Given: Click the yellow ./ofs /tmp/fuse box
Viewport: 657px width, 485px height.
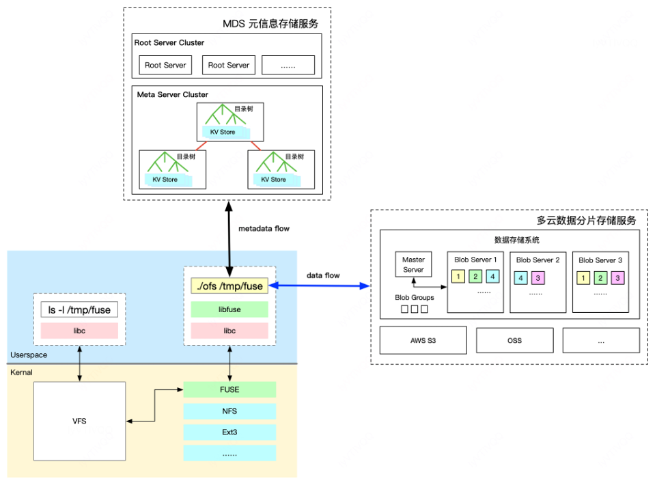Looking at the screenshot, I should point(229,286).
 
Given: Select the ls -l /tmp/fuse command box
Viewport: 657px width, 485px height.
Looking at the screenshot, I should point(79,310).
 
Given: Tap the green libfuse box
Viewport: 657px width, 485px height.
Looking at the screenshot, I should point(229,309).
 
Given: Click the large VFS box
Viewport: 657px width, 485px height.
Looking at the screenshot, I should point(80,421).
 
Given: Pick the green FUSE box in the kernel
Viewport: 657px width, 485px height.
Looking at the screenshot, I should point(229,389).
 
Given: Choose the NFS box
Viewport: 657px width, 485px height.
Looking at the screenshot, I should point(229,411).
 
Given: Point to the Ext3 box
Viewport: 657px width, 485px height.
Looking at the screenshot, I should point(229,432).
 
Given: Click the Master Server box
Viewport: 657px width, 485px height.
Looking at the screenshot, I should point(413,265).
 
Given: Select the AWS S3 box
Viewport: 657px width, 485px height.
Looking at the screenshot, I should point(423,339).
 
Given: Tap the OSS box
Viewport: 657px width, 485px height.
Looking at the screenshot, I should point(514,339).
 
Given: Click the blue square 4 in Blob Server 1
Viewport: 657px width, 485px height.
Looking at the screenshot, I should point(492,277).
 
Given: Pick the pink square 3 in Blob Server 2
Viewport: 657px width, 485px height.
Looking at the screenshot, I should point(537,278).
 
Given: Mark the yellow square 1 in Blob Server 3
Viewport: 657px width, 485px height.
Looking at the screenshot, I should point(583,278).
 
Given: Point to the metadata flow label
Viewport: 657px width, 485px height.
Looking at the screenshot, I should point(264,228).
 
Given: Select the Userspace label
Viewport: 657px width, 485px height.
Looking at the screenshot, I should point(29,356).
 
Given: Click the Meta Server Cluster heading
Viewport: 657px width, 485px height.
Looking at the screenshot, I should point(172,94).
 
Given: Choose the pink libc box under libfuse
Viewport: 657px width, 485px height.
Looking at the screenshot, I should point(229,331).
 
